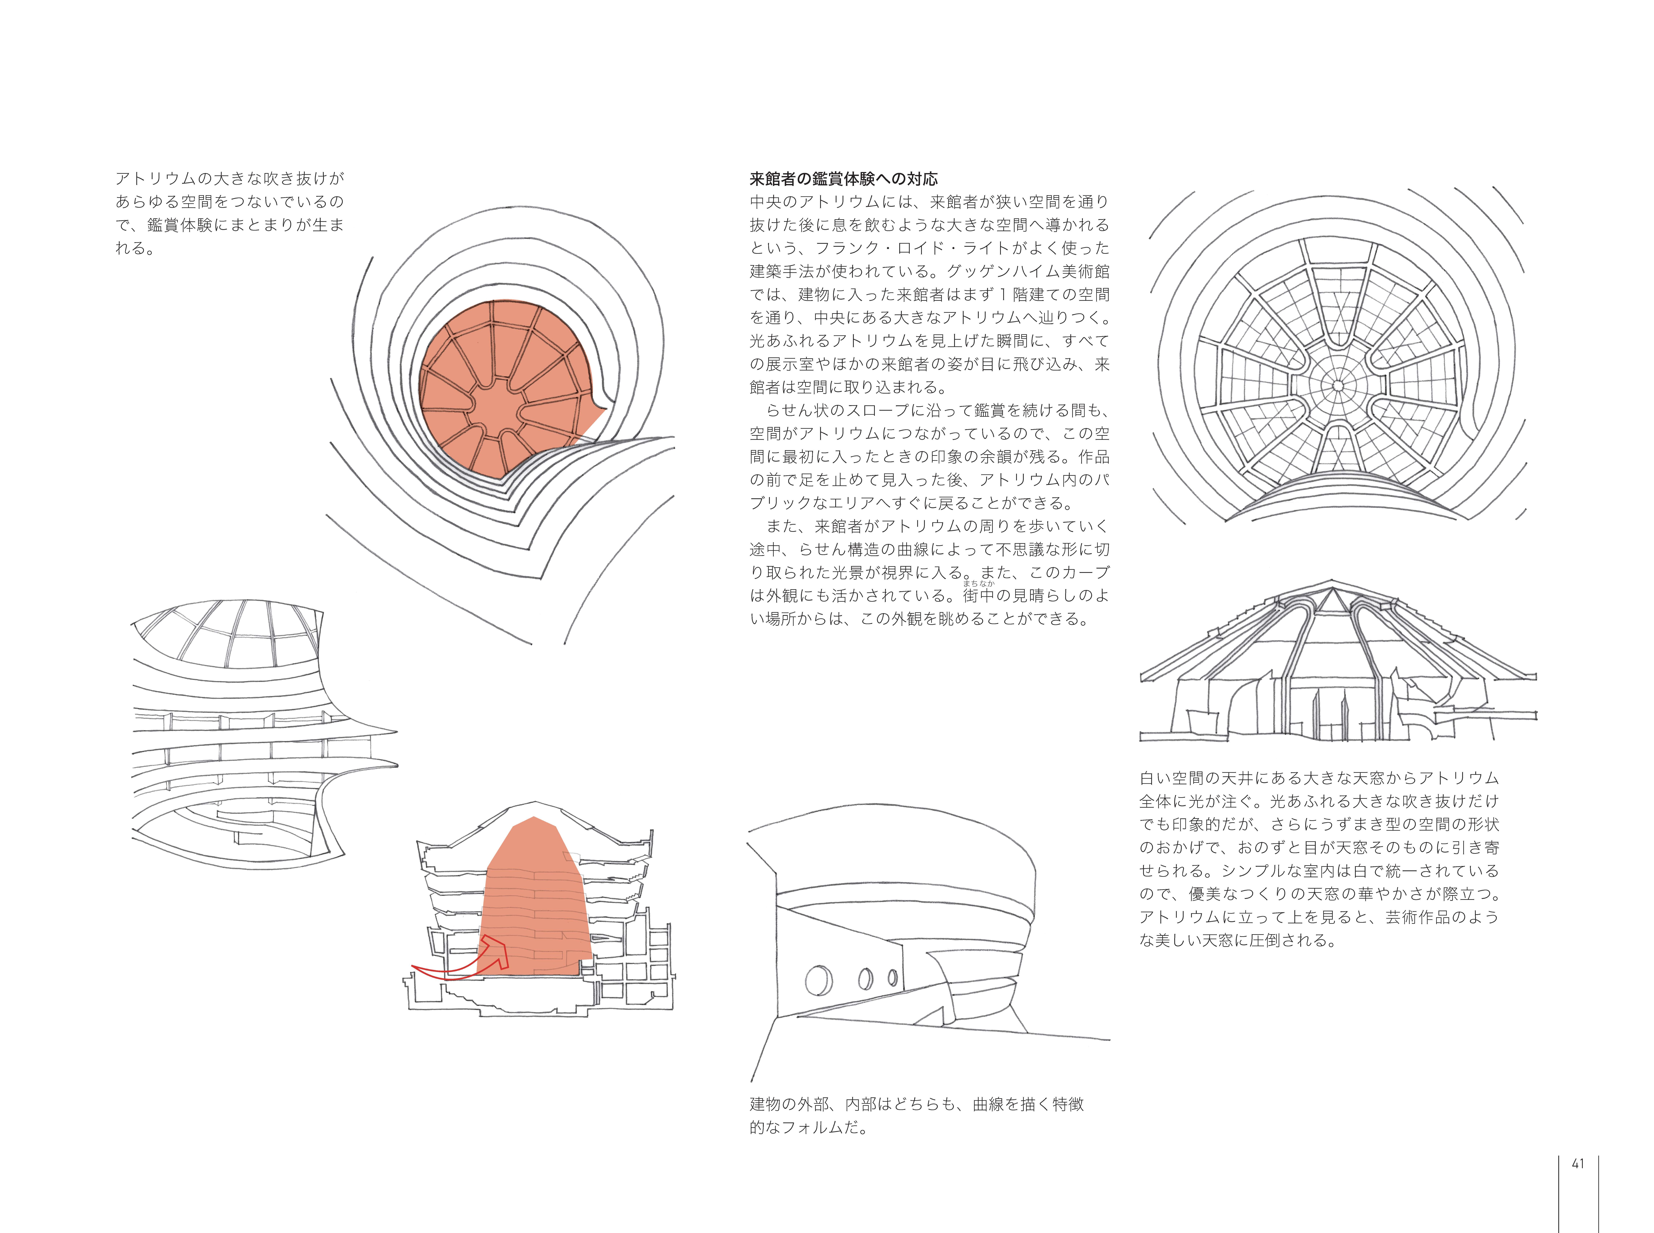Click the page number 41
point(1578,1164)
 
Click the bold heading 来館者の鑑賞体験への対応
point(844,179)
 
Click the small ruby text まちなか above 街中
point(978,584)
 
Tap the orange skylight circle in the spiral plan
point(508,388)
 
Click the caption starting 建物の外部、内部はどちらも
point(916,1116)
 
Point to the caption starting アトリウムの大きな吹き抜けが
point(229,213)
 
